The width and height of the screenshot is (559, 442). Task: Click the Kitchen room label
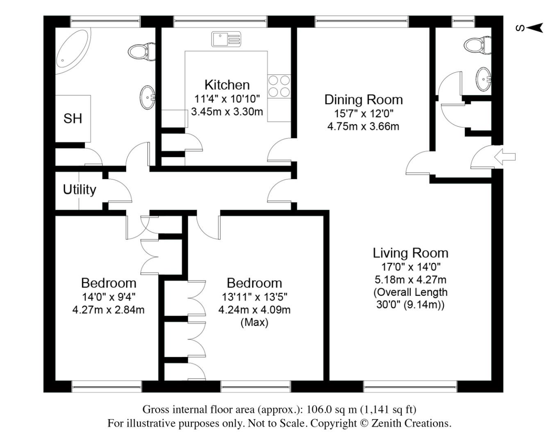pyautogui.click(x=227, y=85)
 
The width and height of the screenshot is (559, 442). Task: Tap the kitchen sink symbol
pyautogui.click(x=226, y=39)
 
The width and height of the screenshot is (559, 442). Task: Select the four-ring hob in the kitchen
pyautogui.click(x=279, y=86)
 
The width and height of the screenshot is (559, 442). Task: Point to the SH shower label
pyautogui.click(x=73, y=119)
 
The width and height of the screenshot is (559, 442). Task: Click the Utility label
pyautogui.click(x=80, y=189)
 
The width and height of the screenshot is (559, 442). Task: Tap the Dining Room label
pyautogui.click(x=363, y=99)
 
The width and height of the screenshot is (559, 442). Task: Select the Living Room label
pyautogui.click(x=410, y=253)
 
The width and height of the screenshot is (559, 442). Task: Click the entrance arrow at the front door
pyautogui.click(x=505, y=157)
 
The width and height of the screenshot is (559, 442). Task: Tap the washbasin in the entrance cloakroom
pyautogui.click(x=484, y=79)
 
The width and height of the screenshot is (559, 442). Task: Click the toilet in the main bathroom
pyautogui.click(x=141, y=51)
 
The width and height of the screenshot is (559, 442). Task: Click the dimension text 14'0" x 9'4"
pyautogui.click(x=108, y=296)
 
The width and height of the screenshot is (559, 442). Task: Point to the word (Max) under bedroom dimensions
pyautogui.click(x=254, y=322)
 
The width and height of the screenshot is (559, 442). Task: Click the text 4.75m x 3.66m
pyautogui.click(x=363, y=126)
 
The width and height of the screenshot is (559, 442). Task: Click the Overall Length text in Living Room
pyautogui.click(x=410, y=292)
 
